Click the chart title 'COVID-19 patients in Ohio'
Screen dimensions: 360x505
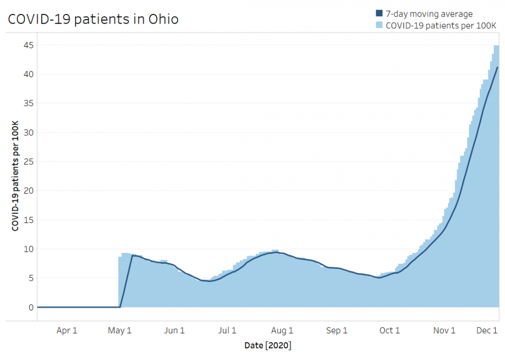[x=93, y=20]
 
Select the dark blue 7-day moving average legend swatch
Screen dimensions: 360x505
[x=379, y=14]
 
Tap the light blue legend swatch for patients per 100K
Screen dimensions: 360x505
[x=379, y=24]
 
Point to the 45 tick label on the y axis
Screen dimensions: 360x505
[x=28, y=45]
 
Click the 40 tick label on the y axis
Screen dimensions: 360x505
[x=28, y=74]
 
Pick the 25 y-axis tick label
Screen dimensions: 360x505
[x=28, y=162]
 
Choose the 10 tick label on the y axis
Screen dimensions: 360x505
[x=28, y=249]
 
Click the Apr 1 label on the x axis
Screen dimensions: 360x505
[x=66, y=331]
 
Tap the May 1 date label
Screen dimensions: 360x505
[x=120, y=331]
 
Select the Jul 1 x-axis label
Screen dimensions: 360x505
[x=227, y=331]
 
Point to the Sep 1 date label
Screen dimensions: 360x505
[x=336, y=331]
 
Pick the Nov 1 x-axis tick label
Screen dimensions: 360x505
[x=444, y=331]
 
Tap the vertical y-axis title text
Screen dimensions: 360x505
[x=15, y=176]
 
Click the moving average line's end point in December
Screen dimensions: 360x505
[x=497, y=67]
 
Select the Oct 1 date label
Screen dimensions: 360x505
[x=390, y=331]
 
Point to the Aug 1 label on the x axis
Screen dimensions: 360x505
[x=282, y=331]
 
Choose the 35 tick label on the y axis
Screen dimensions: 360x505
[x=28, y=104]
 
